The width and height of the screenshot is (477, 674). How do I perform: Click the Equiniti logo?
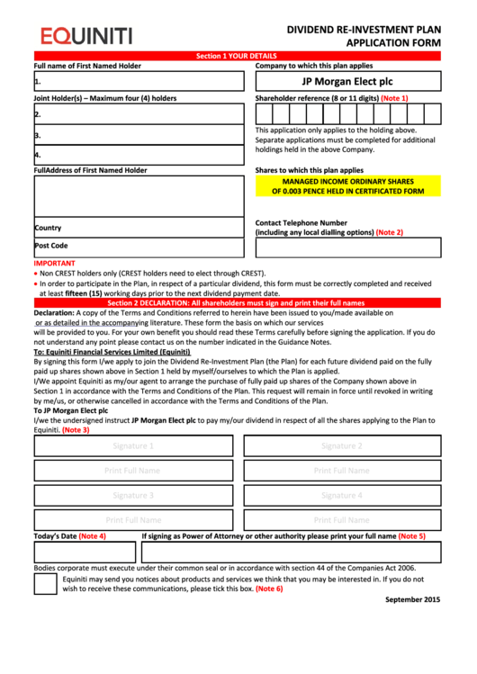[x=85, y=36]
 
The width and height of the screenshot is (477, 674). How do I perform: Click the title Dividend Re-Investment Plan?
[x=364, y=29]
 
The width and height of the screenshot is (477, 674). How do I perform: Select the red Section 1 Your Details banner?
[x=237, y=56]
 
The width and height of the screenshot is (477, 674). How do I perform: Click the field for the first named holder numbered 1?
[x=139, y=81]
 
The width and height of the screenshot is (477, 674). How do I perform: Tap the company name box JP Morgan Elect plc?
[x=347, y=81]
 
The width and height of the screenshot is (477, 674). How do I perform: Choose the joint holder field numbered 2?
[x=139, y=114]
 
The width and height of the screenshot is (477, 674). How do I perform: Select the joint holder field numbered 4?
[x=139, y=154]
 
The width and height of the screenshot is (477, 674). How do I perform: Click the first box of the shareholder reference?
[x=263, y=113]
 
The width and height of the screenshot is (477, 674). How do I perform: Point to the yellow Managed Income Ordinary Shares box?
[x=347, y=186]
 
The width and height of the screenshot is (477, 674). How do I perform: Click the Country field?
[x=139, y=228]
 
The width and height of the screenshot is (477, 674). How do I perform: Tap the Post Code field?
[x=139, y=246]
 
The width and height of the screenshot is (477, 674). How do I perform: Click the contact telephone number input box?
[x=347, y=247]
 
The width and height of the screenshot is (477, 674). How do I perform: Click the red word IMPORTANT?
[x=54, y=264]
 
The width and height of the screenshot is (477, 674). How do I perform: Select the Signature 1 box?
[x=132, y=445]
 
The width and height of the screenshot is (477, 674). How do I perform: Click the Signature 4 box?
[x=342, y=495]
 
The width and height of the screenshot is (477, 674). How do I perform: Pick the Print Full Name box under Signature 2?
[x=342, y=470]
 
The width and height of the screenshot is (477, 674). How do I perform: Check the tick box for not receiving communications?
[x=45, y=584]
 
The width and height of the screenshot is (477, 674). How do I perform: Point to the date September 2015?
[x=413, y=599]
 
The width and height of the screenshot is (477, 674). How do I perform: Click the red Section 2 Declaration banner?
[x=237, y=303]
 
